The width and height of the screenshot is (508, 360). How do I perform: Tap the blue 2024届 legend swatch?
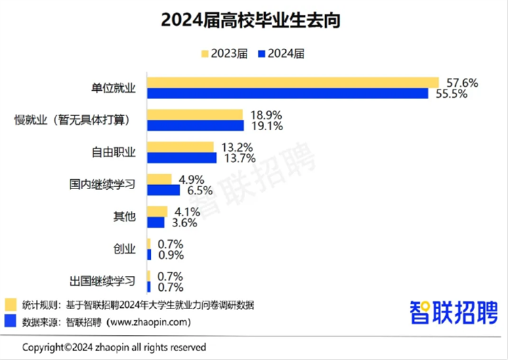262,54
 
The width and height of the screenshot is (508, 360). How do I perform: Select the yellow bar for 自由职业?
180,147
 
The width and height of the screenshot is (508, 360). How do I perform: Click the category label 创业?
124,249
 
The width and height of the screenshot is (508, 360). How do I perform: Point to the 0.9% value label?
171,255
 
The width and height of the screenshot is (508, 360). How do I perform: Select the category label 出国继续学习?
102,281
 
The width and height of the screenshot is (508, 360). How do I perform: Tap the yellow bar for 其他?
157,212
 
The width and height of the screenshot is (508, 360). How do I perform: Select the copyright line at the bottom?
114,347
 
